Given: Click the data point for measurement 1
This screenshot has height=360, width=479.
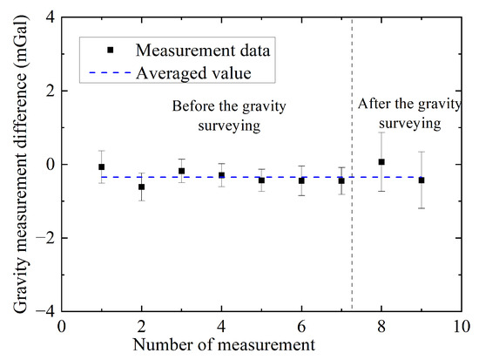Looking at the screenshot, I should tap(102, 166).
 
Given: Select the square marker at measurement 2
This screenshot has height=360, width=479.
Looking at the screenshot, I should tap(142, 187).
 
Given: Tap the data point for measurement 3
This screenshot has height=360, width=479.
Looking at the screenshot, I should tap(181, 171).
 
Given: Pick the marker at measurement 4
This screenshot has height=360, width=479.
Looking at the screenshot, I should tap(221, 175).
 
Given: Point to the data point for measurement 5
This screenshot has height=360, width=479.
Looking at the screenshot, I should tap(261, 180).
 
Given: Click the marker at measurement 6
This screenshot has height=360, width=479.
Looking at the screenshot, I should tap(301, 180).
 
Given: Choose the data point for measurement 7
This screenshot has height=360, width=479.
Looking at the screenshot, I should tap(341, 180).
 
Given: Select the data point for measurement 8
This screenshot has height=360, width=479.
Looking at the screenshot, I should tap(381, 162).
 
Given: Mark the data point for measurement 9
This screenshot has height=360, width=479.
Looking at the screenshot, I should tap(422, 180).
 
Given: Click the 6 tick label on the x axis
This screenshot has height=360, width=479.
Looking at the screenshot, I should tap(301, 327).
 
